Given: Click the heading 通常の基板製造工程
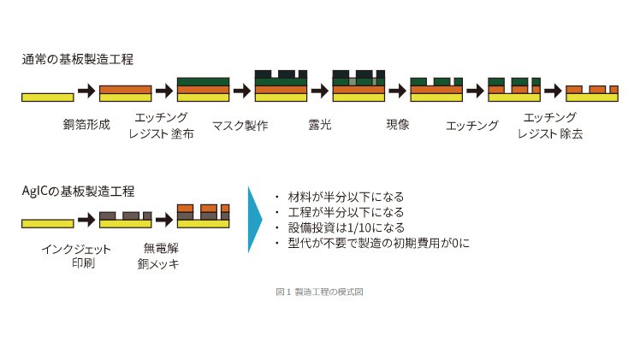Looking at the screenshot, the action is [x=78, y=60].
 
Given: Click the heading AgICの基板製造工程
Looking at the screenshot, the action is [x=78, y=192].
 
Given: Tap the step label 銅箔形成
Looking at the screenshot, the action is [x=86, y=124].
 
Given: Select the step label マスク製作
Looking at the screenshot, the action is [x=240, y=125].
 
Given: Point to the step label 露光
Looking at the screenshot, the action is [x=320, y=124].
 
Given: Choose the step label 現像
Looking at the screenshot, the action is [x=398, y=124].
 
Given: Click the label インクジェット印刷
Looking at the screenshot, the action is [x=76, y=256].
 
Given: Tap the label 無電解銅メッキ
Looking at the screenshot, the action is [x=158, y=256].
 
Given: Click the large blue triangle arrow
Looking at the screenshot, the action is [x=255, y=220].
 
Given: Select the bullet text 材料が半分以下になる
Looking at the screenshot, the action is [x=346, y=197].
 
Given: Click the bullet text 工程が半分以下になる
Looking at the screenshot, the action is [x=346, y=212].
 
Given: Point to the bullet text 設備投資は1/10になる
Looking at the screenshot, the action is [x=347, y=227].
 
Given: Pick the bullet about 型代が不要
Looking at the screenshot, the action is [x=379, y=243].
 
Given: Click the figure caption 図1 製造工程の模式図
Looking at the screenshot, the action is [x=319, y=292].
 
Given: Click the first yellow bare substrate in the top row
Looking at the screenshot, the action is [x=48, y=97].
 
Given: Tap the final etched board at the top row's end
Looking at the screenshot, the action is [x=592, y=94].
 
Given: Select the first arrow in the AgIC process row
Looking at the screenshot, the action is [x=86, y=220].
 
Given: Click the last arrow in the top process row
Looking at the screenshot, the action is [x=553, y=91].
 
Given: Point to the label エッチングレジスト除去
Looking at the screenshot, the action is [x=550, y=126].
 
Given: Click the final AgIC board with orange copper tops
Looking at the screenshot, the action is [x=204, y=216].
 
